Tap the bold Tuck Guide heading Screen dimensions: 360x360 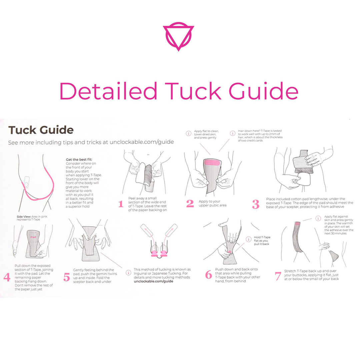[x=41, y=130]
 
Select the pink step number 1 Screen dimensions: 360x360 [x=121, y=204]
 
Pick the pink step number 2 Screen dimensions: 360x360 [x=190, y=203]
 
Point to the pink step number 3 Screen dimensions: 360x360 [x=256, y=204]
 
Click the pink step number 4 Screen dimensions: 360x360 [x=7, y=277]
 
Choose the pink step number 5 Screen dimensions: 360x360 [x=67, y=277]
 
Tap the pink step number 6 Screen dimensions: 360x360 [x=208, y=275]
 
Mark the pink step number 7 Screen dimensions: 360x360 [x=278, y=276]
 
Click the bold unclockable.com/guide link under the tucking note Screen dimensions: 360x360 [x=153, y=281]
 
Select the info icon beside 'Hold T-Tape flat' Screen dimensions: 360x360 [x=249, y=239]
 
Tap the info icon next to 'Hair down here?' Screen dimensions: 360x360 [x=233, y=133]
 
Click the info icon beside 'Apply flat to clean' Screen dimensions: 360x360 [x=188, y=133]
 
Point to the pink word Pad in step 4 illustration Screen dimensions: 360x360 [x=33, y=237]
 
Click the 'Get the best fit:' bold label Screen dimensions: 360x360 [x=79, y=159]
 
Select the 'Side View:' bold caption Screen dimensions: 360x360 [x=24, y=217]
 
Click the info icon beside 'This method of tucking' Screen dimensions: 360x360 [x=128, y=273]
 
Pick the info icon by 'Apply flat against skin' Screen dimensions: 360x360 [x=318, y=218]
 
